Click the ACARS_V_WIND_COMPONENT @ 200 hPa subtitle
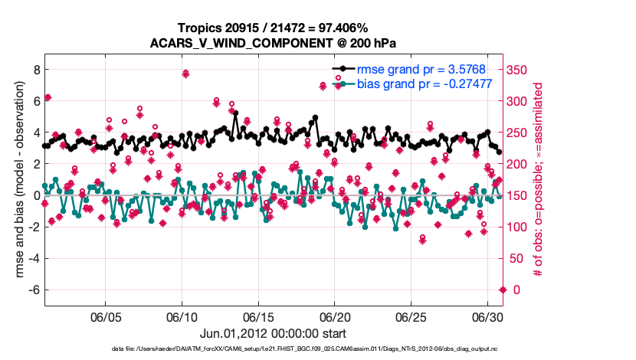point(274,43)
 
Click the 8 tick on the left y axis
point(35,69)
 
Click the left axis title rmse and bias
point(14,180)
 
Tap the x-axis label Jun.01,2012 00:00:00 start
point(274,334)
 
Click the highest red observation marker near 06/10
point(185,74)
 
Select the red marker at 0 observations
point(503,290)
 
